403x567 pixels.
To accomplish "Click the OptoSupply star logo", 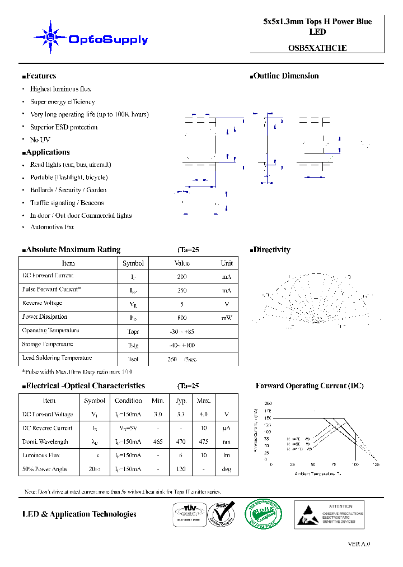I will click(51, 37).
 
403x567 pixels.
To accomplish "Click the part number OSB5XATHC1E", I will click(317, 48).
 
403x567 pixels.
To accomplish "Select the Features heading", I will click(40, 76).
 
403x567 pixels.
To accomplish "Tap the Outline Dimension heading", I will click(285, 76).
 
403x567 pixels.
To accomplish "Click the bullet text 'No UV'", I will click(40, 140).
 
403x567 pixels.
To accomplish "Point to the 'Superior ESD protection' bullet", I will click(63, 127).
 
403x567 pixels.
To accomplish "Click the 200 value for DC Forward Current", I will click(182, 277).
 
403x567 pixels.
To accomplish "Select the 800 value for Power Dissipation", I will click(182, 318).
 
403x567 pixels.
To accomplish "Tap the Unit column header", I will click(227, 263).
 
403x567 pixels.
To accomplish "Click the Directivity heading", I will click(271, 250).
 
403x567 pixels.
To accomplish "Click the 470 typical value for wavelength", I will click(181, 442).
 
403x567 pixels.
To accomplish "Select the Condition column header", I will click(128, 401).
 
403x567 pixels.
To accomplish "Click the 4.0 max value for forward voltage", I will click(203, 415).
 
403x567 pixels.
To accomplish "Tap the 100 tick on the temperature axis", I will click(355, 465).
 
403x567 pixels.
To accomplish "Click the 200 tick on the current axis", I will click(268, 403).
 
